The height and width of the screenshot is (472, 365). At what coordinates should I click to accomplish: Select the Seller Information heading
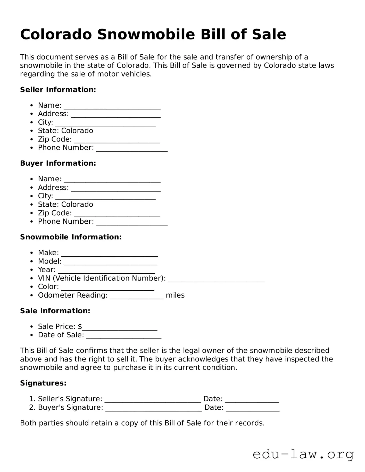58,90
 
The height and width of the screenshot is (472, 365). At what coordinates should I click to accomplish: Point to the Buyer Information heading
58,163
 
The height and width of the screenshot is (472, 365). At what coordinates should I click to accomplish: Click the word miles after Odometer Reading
175,295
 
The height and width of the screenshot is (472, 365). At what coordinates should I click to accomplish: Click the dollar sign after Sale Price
80,327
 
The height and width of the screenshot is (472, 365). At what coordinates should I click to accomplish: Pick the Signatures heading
43,383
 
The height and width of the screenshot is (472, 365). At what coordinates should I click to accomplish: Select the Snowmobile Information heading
71,237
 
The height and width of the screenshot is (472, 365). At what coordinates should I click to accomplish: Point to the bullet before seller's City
31,122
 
